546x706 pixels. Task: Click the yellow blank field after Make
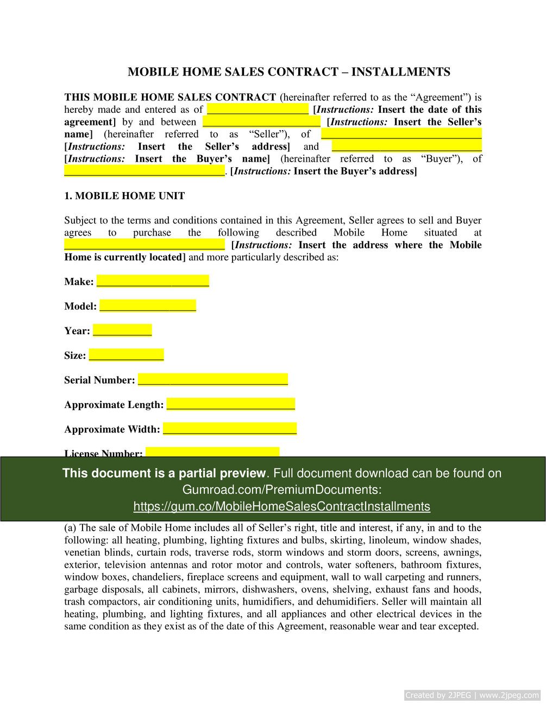[x=153, y=281]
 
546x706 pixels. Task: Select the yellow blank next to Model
[x=148, y=306]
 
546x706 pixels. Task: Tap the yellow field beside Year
[x=122, y=330]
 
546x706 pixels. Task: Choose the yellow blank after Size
[x=126, y=355]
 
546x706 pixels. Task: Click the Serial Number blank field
[x=212, y=379]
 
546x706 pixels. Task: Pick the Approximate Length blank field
[x=230, y=404]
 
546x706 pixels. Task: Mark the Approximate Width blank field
[x=229, y=429]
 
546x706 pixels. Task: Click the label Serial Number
[x=99, y=380]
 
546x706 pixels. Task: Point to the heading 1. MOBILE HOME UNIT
[x=124, y=196]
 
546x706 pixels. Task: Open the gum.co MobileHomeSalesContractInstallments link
[x=281, y=506]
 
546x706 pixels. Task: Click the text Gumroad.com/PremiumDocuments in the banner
[x=281, y=489]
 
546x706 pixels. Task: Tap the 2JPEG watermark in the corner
[x=472, y=695]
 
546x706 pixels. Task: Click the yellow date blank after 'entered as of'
[x=258, y=109]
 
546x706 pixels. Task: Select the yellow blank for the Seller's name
[x=261, y=122]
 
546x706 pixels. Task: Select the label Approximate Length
[x=114, y=405]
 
